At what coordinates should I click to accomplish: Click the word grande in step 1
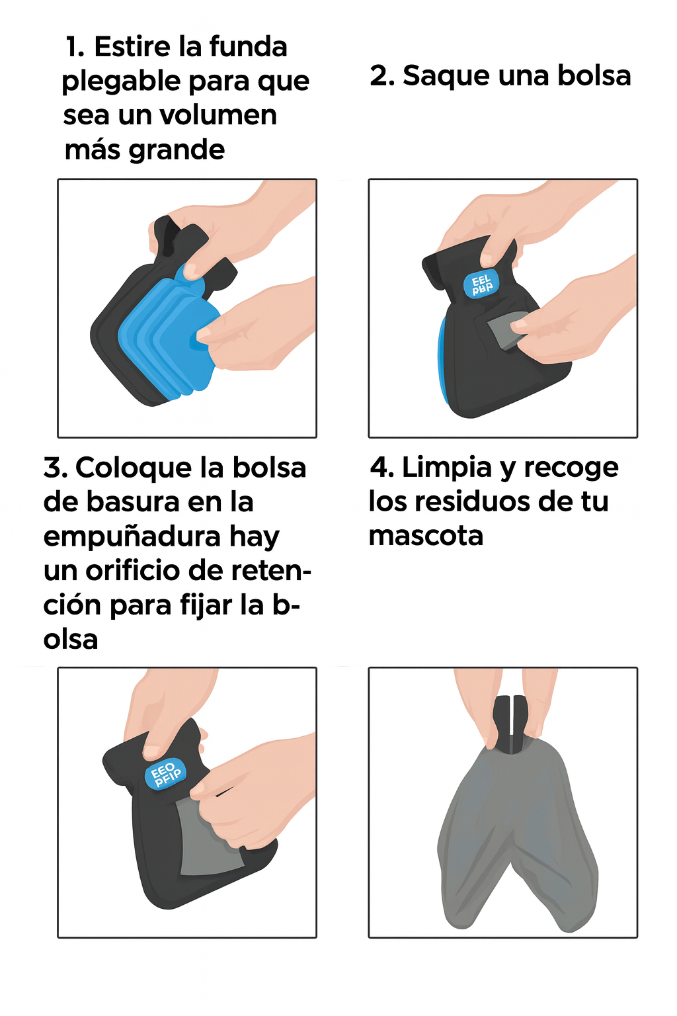tap(177, 149)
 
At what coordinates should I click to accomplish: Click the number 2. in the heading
tap(381, 76)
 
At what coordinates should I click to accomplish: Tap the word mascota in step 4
tap(426, 536)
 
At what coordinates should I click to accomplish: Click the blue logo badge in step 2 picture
tap(481, 284)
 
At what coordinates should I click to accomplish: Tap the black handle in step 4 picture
tap(510, 724)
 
